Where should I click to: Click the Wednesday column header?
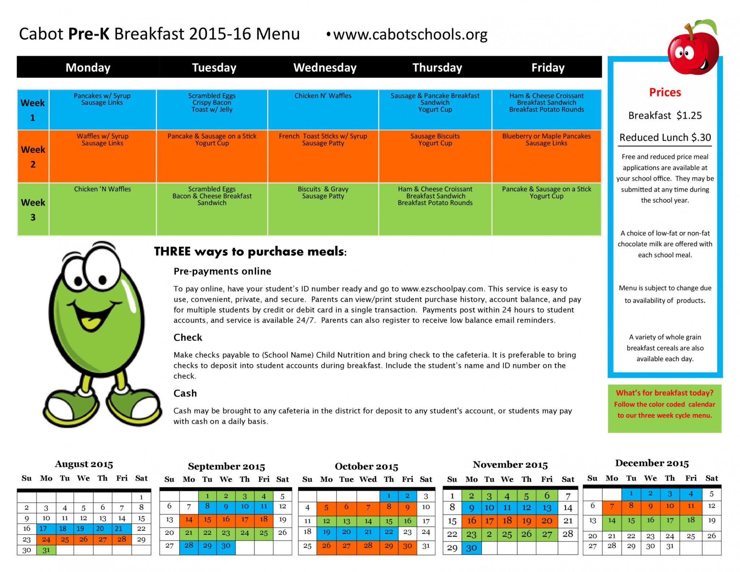pyautogui.click(x=325, y=68)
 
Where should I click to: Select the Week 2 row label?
pyautogui.click(x=33, y=156)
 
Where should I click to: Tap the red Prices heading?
pyautogui.click(x=664, y=93)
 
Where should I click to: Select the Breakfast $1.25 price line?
pyautogui.click(x=664, y=116)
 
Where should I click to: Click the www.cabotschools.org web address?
pyautogui.click(x=410, y=35)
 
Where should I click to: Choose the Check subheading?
pyautogui.click(x=188, y=337)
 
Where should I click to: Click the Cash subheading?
pyautogui.click(x=185, y=393)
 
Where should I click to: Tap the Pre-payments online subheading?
pyautogui.click(x=222, y=271)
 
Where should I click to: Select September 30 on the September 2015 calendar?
pyautogui.click(x=226, y=546)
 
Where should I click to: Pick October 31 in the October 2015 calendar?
pyautogui.click(x=426, y=546)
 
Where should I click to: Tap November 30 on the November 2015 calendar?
pyautogui.click(x=471, y=548)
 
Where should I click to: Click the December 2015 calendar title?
pyautogui.click(x=651, y=463)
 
